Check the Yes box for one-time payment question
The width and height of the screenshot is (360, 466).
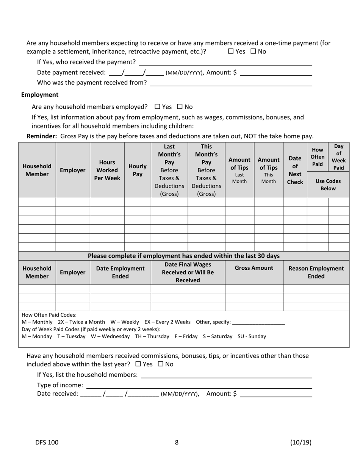click(x=231, y=52)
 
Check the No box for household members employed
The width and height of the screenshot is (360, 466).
click(x=180, y=107)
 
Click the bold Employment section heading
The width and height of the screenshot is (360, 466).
click(x=40, y=95)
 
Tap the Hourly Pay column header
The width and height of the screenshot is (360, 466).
click(x=138, y=170)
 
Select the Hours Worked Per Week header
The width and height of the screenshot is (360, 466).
click(x=107, y=170)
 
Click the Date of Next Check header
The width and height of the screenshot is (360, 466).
click(x=295, y=170)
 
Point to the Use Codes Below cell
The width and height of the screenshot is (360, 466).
click(x=328, y=185)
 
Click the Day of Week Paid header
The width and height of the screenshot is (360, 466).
click(x=338, y=157)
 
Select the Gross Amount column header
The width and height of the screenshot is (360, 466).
click(x=254, y=268)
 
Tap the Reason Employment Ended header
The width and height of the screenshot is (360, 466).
click(x=316, y=272)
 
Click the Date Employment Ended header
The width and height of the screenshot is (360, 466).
click(x=120, y=272)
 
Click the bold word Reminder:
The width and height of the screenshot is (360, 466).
click(x=42, y=136)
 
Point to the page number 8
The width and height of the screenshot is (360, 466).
click(x=177, y=442)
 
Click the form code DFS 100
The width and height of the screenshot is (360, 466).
click(x=47, y=442)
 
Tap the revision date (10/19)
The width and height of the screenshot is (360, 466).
click(x=301, y=442)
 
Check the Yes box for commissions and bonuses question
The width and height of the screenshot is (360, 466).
click(x=138, y=364)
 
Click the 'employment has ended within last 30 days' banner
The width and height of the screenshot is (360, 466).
click(x=184, y=256)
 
